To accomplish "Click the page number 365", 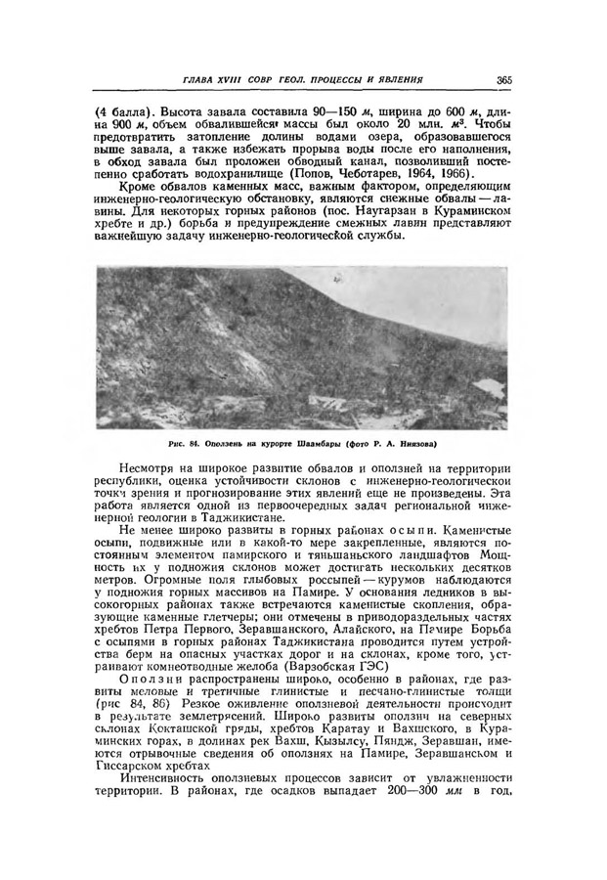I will click(504, 79).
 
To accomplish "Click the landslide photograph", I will click(303, 347).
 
